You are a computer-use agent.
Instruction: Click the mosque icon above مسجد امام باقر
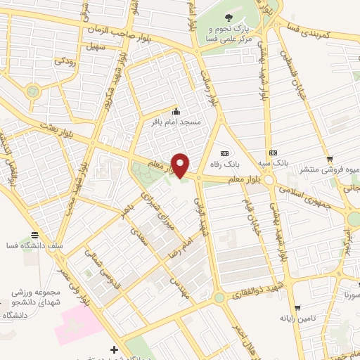point(176,110)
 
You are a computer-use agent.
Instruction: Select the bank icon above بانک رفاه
point(224,153)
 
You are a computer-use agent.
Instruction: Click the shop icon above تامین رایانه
point(300,307)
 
